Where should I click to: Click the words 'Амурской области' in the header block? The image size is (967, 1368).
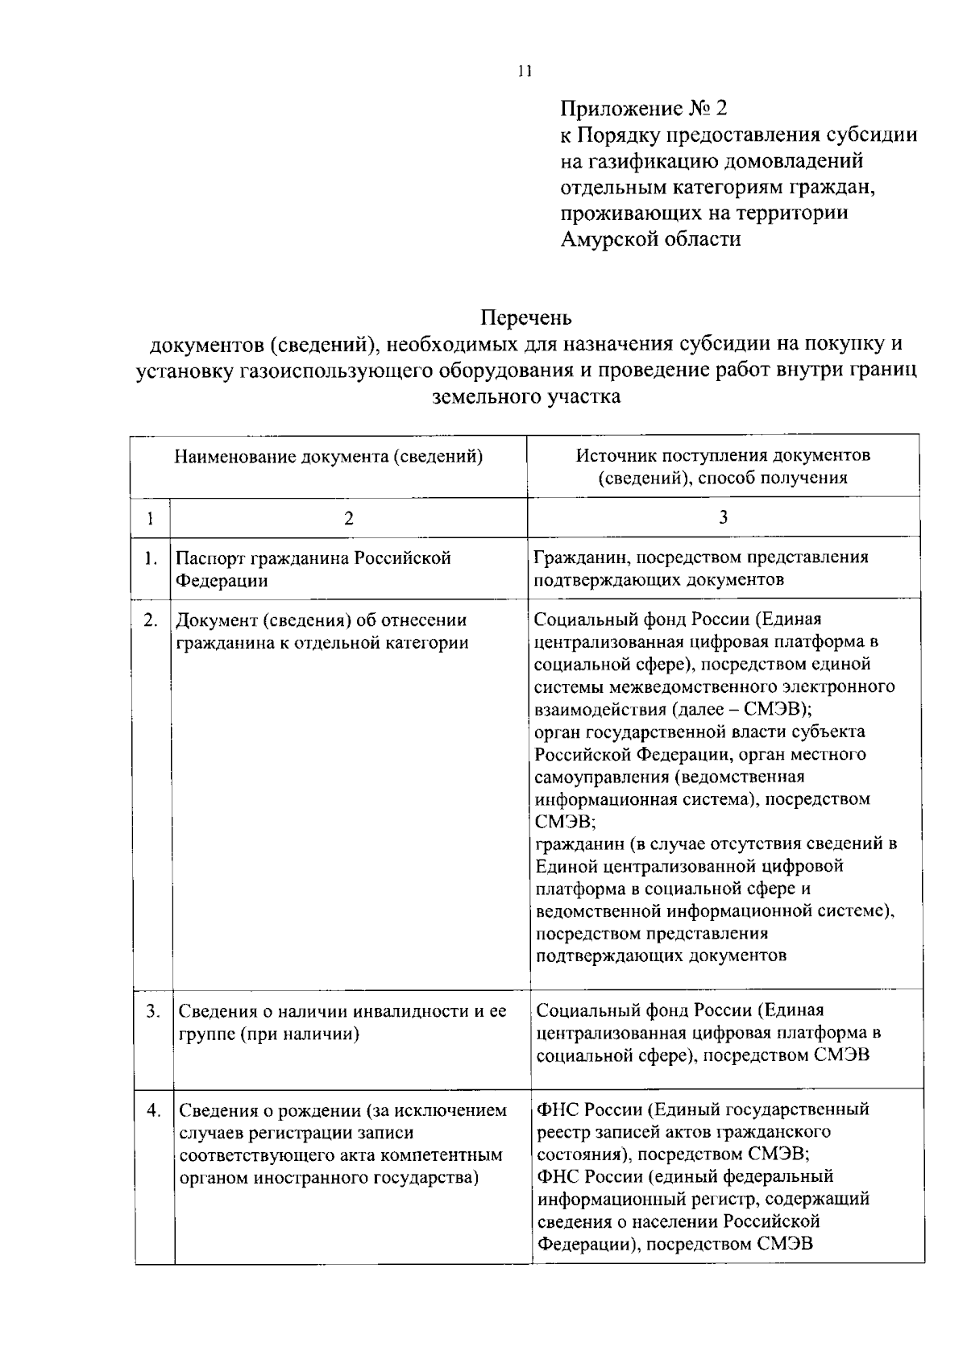(x=650, y=239)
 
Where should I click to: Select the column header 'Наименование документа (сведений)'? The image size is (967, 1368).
(x=329, y=457)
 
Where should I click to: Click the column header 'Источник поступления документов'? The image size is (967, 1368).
(x=723, y=455)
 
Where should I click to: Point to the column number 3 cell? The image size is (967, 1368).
(x=723, y=517)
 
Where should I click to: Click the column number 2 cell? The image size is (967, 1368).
(x=348, y=519)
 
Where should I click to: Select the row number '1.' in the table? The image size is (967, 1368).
(x=151, y=558)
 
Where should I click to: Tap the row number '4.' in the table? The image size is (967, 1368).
(x=153, y=1109)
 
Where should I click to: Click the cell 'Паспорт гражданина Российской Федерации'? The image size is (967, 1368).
(x=313, y=569)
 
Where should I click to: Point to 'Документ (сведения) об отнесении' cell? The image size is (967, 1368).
(x=322, y=620)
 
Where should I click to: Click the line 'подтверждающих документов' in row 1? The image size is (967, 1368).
(x=658, y=580)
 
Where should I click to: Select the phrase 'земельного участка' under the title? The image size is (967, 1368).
(x=526, y=396)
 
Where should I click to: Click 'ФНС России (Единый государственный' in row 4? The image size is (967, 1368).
(x=703, y=1109)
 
